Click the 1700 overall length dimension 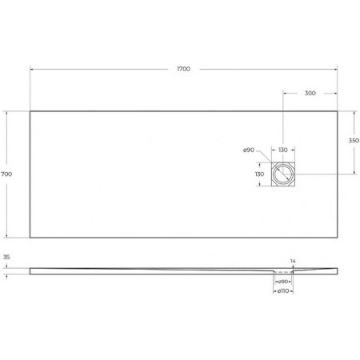183,70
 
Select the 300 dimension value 310,93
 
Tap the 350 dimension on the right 353,141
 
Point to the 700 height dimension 6,174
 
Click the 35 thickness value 6,258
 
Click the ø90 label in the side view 282,282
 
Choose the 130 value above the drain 282,150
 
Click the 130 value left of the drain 259,174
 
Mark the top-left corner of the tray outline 30,110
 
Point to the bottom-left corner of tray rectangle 30,237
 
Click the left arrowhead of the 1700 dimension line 32,70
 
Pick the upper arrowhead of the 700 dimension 7,112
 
